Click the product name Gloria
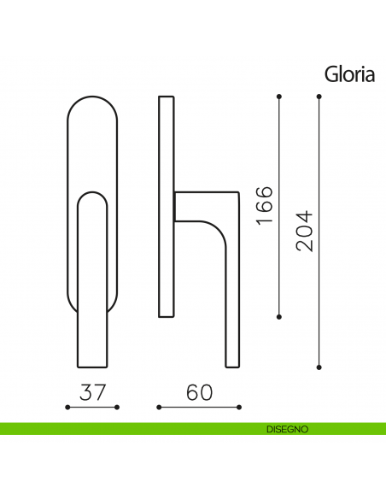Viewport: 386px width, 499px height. (x=349, y=75)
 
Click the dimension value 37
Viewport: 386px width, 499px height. (x=92, y=392)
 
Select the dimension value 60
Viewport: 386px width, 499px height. (x=199, y=392)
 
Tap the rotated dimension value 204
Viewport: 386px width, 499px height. (x=304, y=231)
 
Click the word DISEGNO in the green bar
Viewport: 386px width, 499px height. (x=288, y=429)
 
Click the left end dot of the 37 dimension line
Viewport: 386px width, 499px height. (x=67, y=408)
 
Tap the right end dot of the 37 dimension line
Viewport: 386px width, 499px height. (x=117, y=408)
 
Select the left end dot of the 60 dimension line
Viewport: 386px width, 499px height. (x=159, y=408)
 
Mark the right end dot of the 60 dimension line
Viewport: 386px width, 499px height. (x=239, y=408)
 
